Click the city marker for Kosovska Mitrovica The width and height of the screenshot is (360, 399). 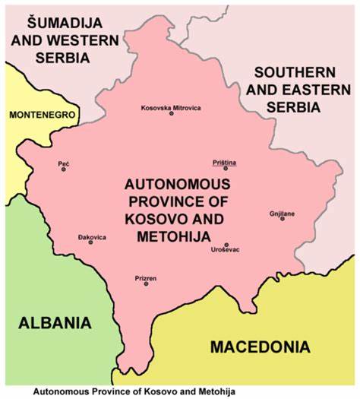click(171, 113)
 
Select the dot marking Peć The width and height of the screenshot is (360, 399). click(64, 169)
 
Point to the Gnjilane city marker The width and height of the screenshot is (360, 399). click(282, 219)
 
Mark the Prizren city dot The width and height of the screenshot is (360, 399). click(146, 283)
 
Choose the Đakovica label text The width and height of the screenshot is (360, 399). click(92, 237)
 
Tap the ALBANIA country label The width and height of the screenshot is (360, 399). click(55, 321)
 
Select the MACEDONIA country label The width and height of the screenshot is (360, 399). click(260, 347)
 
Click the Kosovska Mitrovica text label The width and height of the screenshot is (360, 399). click(171, 107)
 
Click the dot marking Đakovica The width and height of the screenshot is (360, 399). click(90, 242)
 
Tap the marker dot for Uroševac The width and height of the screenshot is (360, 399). click(226, 245)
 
